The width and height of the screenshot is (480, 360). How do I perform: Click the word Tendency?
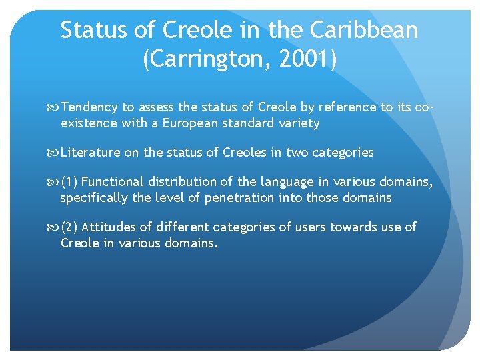89,107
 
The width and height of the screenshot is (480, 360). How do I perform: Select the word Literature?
90,153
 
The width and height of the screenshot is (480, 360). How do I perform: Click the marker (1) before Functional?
69,182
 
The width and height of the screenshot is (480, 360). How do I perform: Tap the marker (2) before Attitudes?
69,227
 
